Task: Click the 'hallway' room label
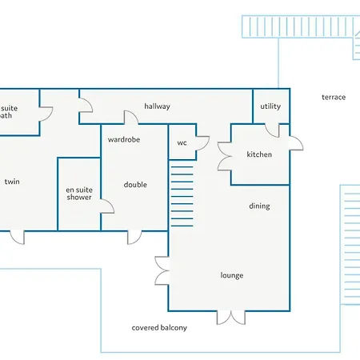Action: pos(157,106)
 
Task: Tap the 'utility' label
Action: pos(270,106)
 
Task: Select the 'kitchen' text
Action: pos(260,154)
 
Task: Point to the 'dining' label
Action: pos(259,206)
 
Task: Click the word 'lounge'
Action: pos(232,275)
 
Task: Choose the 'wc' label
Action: pos(182,143)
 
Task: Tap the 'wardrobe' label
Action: pos(124,139)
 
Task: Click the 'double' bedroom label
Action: pos(135,185)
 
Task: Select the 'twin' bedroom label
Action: pos(12,182)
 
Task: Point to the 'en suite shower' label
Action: pos(79,193)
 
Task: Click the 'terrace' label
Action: pos(334,98)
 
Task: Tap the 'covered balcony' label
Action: pos(159,328)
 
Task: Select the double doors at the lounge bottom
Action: pos(231,317)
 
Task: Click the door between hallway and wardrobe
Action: pos(130,118)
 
